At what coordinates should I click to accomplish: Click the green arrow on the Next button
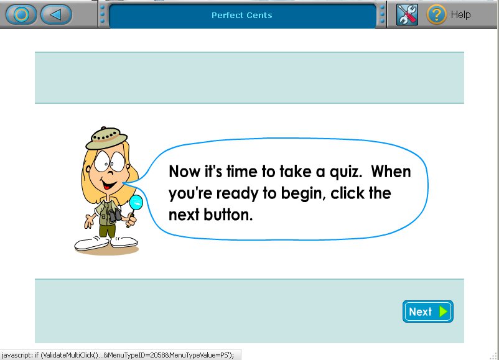[443, 312]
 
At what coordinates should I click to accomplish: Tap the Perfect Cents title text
[242, 15]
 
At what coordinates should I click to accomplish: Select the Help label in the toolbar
[460, 14]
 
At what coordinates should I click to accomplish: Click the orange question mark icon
[437, 14]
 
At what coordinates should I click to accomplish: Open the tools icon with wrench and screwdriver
[407, 14]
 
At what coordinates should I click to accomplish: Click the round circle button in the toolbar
[21, 14]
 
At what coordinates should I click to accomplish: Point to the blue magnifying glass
[136, 203]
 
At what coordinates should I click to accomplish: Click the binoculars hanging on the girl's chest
[114, 215]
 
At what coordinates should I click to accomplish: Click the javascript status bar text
[118, 355]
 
